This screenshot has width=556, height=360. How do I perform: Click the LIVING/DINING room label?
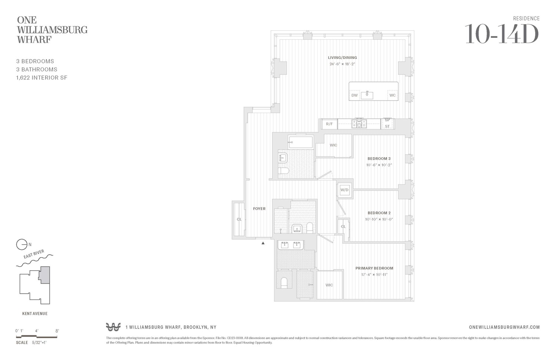click(x=342, y=57)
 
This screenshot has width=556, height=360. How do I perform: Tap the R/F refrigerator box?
click(x=329, y=124)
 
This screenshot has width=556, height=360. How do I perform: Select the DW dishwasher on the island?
click(x=354, y=95)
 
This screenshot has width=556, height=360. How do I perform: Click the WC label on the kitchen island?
click(x=392, y=95)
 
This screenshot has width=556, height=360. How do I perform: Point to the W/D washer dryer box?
click(x=344, y=190)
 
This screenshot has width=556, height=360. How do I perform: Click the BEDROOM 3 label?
click(x=379, y=159)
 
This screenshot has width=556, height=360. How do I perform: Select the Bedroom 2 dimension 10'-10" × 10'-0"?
click(x=379, y=219)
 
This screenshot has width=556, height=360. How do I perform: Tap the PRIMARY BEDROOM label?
click(x=374, y=268)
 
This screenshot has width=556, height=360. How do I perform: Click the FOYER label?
click(x=259, y=209)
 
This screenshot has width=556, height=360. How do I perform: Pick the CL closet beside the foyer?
click(x=239, y=219)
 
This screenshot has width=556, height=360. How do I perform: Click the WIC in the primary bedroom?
click(x=329, y=285)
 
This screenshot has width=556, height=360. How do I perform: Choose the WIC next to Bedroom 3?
click(x=333, y=145)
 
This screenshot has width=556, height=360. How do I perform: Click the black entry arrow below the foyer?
click(x=263, y=243)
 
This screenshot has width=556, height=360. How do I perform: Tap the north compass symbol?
click(x=22, y=245)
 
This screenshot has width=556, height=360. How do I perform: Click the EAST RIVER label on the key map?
click(x=34, y=254)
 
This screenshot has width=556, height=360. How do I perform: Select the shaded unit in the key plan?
click(x=45, y=275)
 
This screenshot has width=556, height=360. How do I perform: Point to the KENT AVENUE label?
click(x=35, y=314)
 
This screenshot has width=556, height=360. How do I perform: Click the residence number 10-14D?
click(x=501, y=34)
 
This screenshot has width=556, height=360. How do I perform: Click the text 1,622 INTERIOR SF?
click(x=42, y=77)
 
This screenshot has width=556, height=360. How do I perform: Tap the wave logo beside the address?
click(x=113, y=327)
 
